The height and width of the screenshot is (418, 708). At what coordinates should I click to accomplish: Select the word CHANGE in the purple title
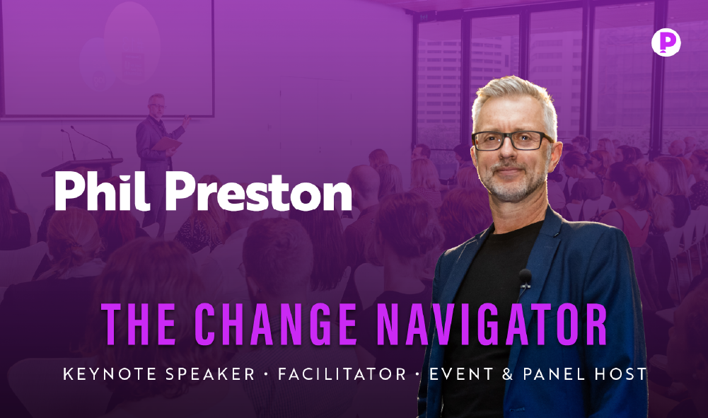(x=275, y=324)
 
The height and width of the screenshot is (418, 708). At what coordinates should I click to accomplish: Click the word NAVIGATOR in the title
(x=492, y=324)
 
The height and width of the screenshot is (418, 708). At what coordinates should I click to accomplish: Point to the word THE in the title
(x=139, y=324)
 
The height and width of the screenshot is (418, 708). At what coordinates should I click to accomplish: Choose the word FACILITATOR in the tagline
(x=342, y=373)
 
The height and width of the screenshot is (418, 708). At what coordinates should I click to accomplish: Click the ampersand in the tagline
(x=508, y=373)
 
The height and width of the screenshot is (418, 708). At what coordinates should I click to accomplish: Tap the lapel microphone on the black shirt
(x=525, y=278)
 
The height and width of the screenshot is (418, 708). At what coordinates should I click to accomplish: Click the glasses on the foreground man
(x=512, y=140)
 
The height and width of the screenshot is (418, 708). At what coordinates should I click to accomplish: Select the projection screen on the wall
(x=108, y=58)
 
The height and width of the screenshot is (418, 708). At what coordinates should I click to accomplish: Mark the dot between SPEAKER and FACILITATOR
(x=267, y=374)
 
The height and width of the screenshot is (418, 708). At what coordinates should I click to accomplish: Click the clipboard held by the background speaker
(x=167, y=144)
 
